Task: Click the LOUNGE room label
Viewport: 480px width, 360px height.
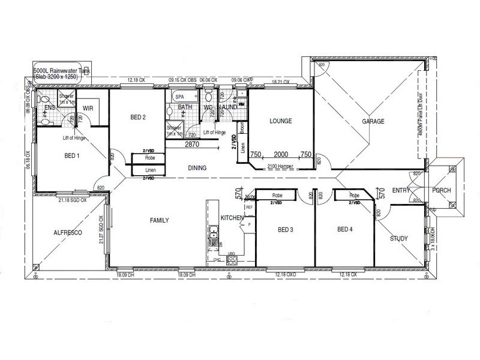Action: (280, 121)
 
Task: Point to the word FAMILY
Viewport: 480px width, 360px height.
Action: (158, 220)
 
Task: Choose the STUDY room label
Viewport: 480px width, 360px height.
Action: (399, 238)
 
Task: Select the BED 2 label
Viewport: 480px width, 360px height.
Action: (138, 118)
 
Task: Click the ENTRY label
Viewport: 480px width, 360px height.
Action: (400, 190)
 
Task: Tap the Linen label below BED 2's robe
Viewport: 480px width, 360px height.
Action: (149, 170)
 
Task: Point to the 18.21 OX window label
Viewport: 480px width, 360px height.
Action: (280, 82)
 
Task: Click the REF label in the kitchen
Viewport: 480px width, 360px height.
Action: (248, 206)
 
